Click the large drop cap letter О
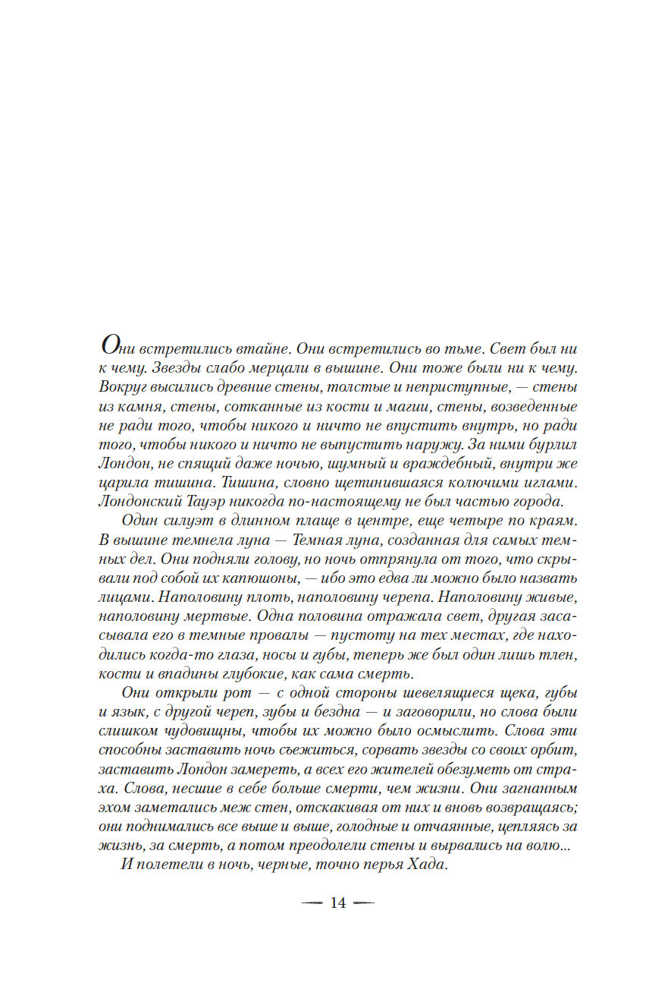pyautogui.click(x=110, y=345)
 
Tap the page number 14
pyautogui.click(x=337, y=903)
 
